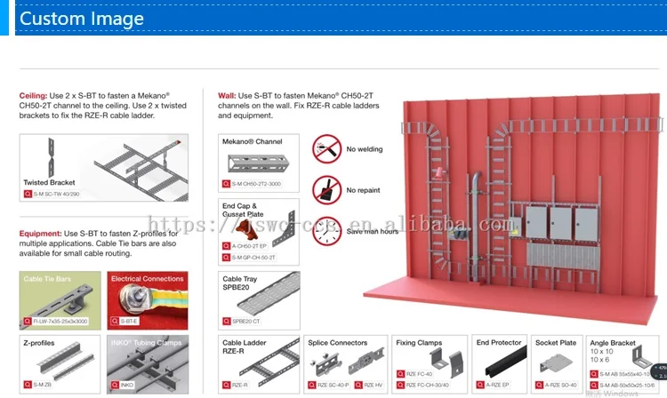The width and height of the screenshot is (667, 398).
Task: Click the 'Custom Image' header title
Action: coord(81,19)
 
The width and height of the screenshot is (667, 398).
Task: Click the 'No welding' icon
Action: coord(326,148)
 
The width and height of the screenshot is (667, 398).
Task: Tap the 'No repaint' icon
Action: coord(326,190)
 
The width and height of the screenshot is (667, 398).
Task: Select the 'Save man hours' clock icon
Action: coord(326,231)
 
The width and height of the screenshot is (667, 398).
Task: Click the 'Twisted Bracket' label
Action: coord(49,182)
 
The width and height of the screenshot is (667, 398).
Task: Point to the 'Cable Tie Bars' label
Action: coord(47,279)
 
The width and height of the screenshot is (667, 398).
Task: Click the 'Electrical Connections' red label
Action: coord(147,279)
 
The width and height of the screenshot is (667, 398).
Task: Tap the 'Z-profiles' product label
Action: coord(39,341)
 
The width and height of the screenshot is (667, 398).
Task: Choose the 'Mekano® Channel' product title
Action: coord(252,141)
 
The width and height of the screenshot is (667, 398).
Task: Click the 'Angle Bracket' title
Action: coord(613,342)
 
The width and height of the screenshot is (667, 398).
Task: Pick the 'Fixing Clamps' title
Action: coord(418,342)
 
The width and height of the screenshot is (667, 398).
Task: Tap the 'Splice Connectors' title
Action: coord(337,342)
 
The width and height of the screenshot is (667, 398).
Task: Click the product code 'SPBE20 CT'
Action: coord(245,322)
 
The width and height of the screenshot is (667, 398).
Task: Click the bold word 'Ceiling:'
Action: coord(33,95)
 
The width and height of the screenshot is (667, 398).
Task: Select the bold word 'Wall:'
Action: coord(227,95)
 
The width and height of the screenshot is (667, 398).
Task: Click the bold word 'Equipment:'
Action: coord(40,234)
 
